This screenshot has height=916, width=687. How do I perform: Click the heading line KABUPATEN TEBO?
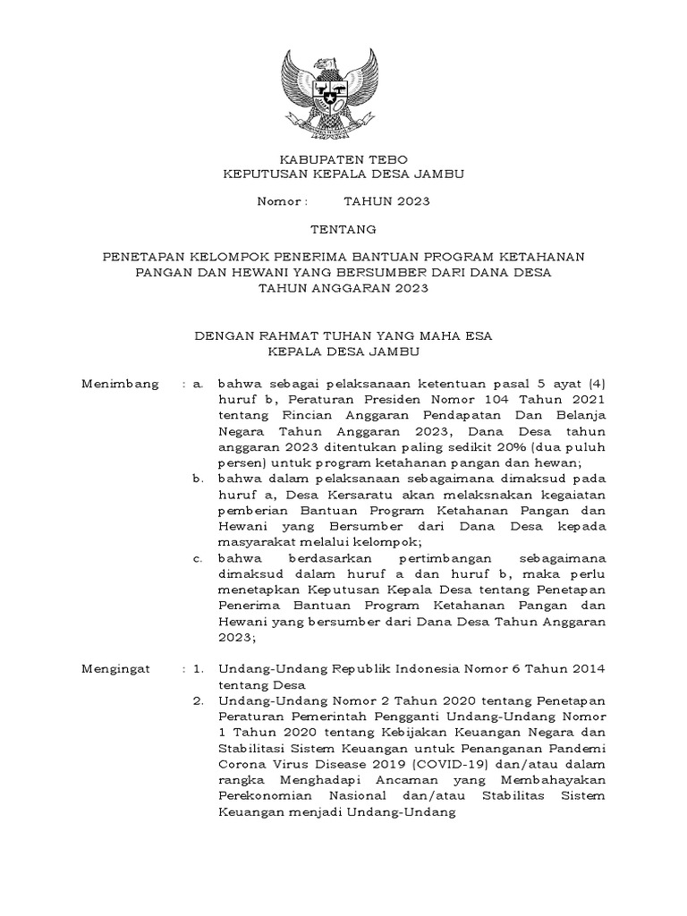click(343, 159)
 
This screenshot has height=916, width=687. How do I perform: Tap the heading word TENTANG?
click(343, 230)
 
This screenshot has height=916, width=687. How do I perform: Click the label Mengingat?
click(117, 668)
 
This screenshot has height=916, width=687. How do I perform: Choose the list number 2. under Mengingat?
click(201, 700)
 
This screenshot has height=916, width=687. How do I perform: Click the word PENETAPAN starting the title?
click(142, 258)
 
